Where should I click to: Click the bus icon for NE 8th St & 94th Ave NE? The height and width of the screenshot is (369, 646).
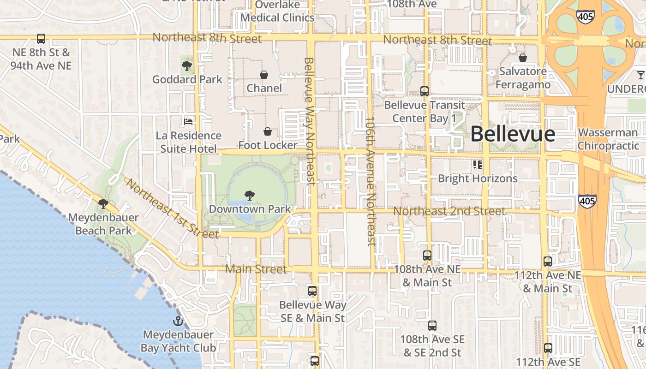coord(41,39)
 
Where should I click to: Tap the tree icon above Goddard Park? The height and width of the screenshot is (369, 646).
coord(187,65)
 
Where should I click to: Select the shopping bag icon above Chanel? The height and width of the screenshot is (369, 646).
coord(264,74)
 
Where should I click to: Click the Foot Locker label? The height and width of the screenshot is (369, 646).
coord(268,145)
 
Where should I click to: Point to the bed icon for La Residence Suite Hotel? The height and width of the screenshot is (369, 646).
coord(188,122)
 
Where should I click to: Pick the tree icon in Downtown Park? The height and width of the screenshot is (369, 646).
coord(249,195)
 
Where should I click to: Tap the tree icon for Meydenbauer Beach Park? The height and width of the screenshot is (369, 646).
coord(103,203)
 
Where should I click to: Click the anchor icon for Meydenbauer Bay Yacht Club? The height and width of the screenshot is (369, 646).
coord(178,321)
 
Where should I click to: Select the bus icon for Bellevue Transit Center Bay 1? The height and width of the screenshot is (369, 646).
coord(425,91)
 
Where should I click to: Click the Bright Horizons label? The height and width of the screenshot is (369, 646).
coord(478,179)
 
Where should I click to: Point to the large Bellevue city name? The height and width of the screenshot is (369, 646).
coord(513,134)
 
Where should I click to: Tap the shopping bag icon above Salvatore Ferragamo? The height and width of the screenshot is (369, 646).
coord(523,58)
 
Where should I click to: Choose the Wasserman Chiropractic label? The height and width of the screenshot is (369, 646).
coord(609,139)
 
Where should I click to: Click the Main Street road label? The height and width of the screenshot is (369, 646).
coord(256,269)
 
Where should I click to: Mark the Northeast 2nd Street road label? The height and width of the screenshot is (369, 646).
coord(449,211)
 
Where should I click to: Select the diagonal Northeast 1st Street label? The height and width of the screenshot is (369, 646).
coord(171,208)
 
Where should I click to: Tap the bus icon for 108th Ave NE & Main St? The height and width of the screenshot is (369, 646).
coord(427,255)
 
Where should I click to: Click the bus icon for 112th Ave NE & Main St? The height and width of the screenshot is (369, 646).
coord(548,262)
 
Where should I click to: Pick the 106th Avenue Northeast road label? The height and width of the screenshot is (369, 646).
coord(370,181)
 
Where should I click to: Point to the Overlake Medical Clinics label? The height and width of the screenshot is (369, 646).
coord(278,12)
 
